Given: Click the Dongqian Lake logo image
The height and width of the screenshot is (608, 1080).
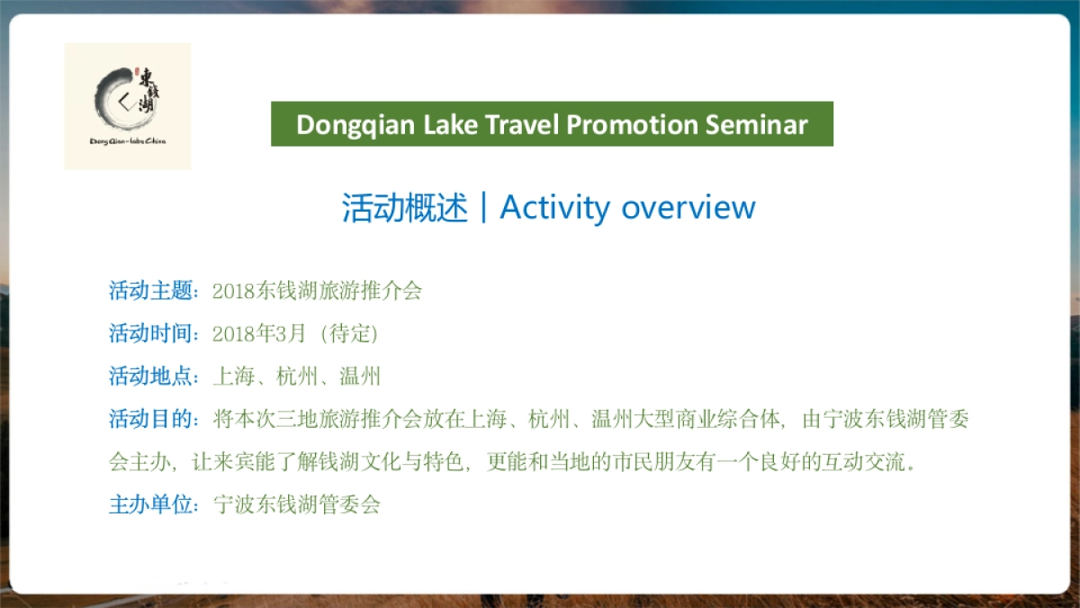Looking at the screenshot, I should point(127,106).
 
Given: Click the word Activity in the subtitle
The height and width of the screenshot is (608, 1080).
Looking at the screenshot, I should point(554,207).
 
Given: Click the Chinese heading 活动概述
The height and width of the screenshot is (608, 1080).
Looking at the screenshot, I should point(405,207).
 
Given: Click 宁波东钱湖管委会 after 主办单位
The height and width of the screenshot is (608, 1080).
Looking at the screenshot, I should point(297,504).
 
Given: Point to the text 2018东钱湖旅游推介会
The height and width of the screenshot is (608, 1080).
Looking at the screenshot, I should point(317,291).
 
